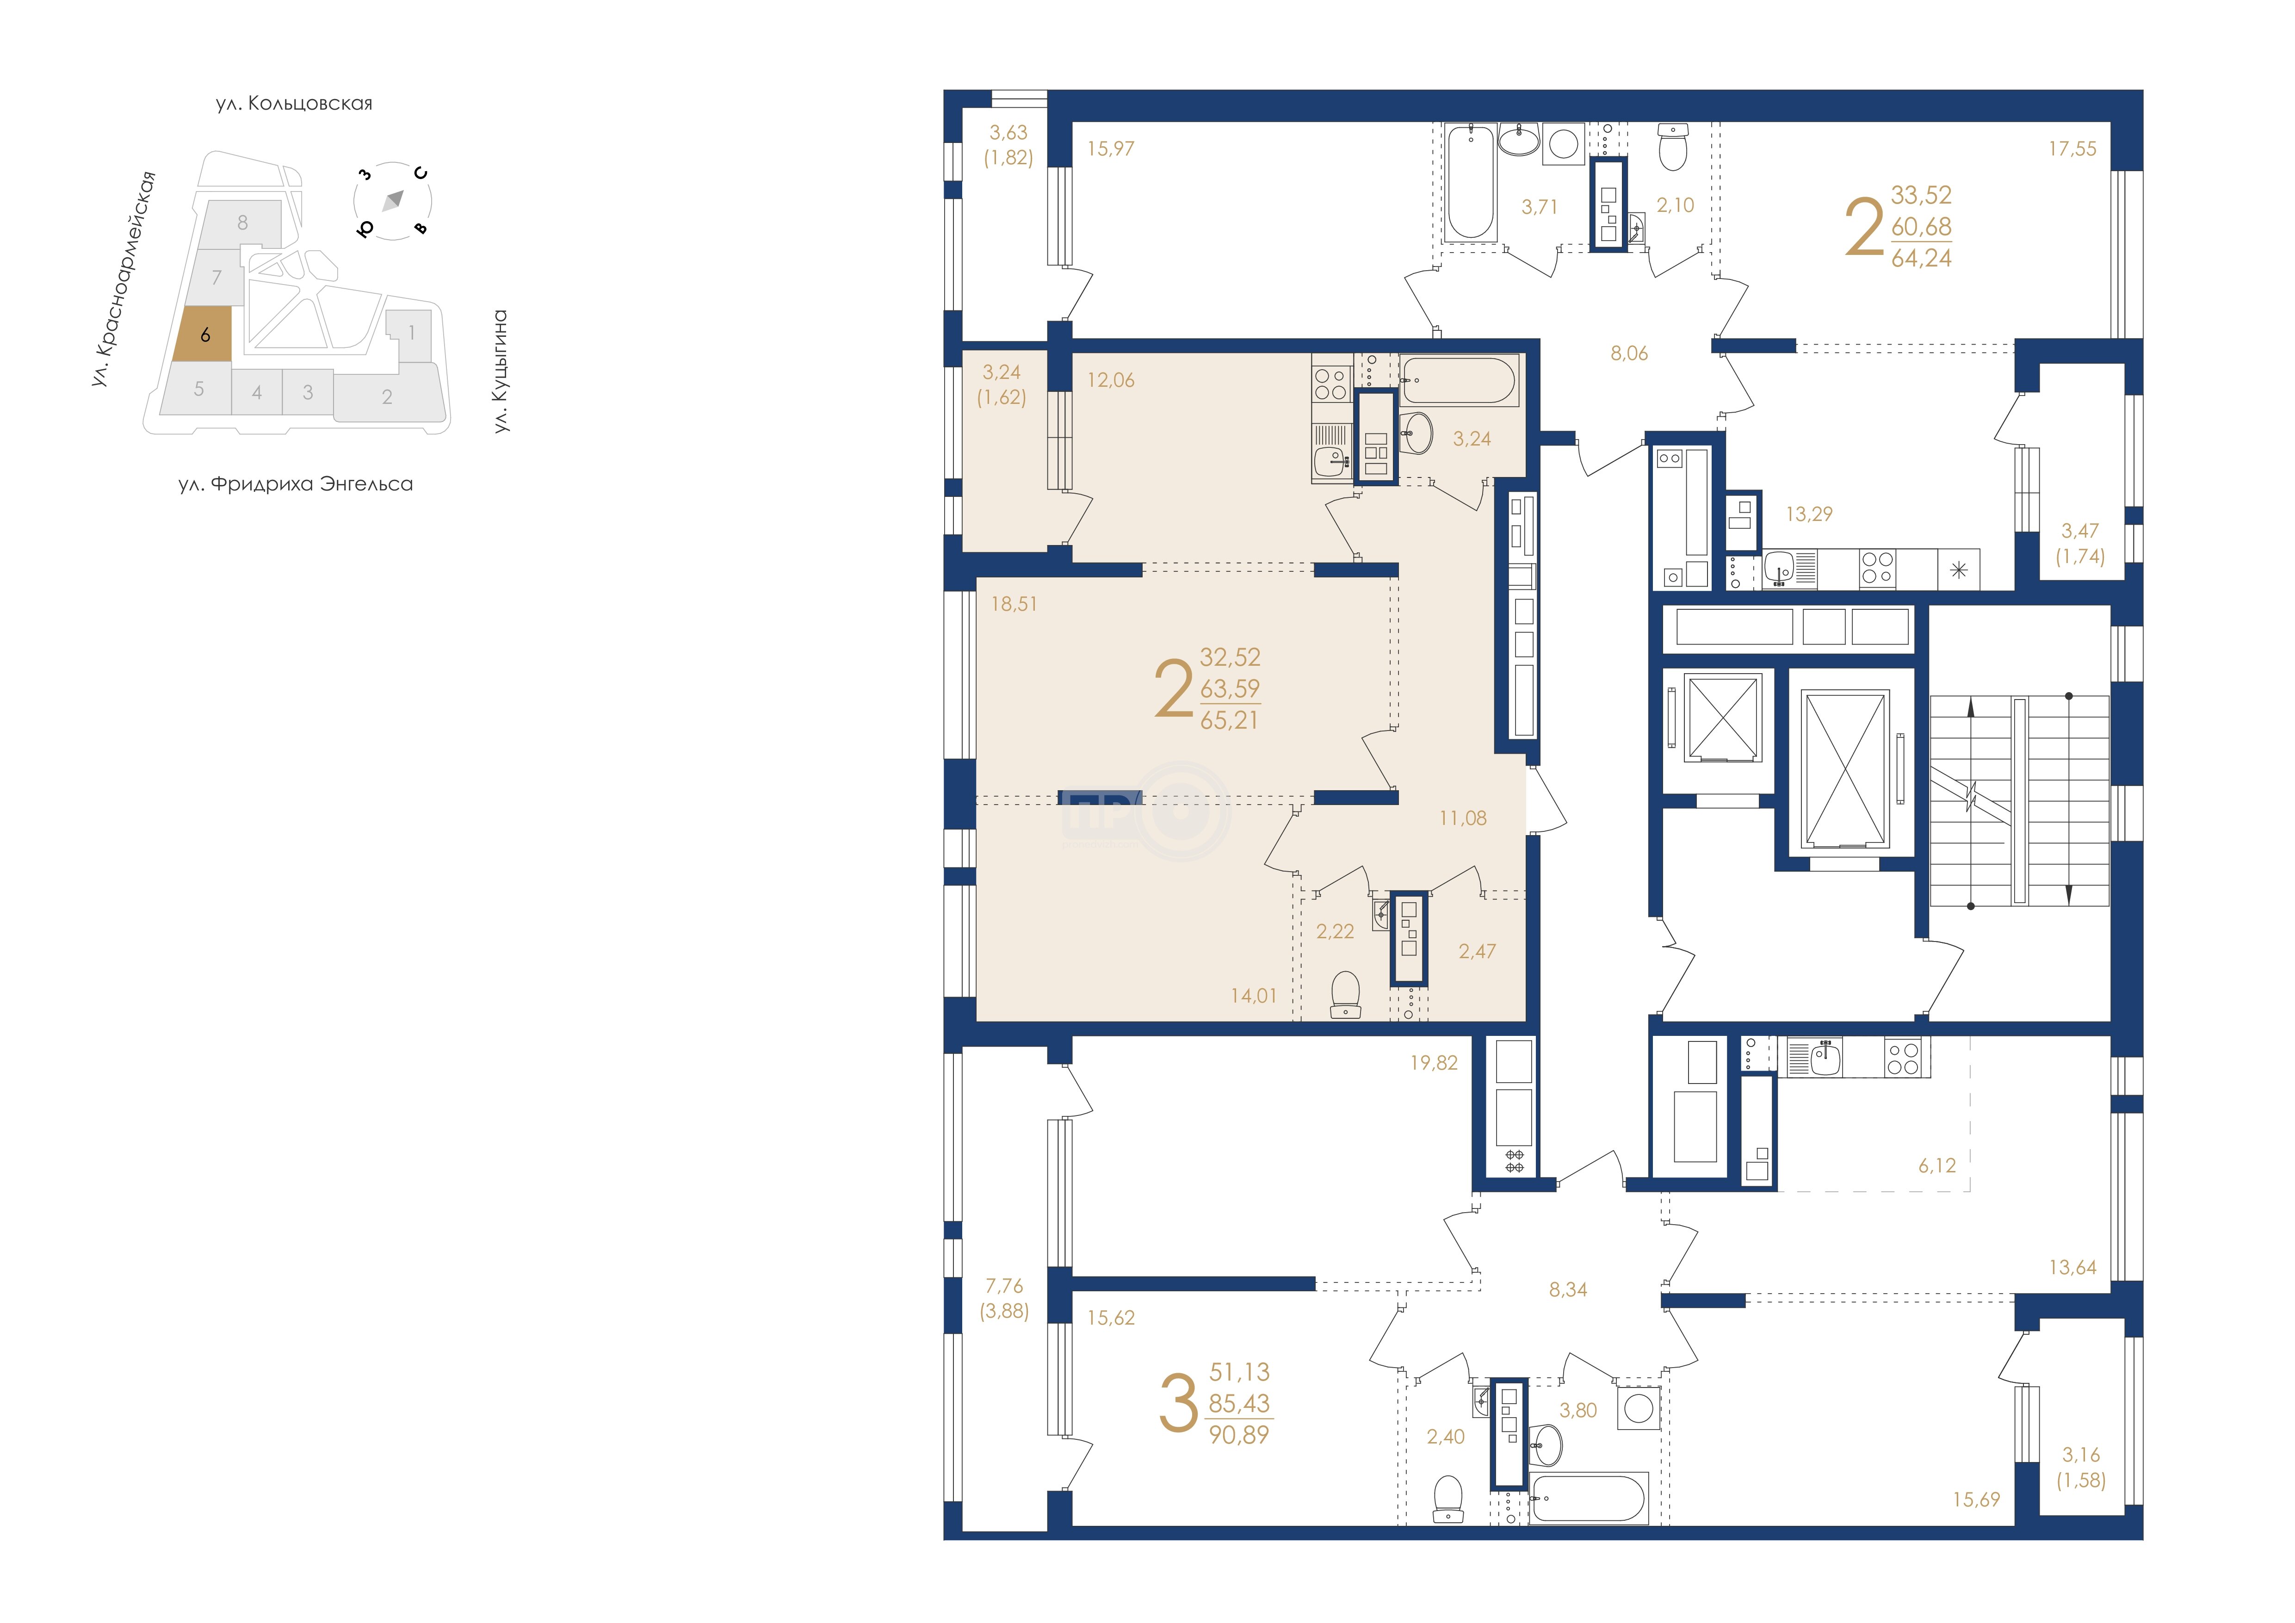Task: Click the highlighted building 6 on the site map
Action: pos(203,334)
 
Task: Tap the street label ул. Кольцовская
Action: pos(294,103)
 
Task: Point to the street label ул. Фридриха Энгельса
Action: pos(296,485)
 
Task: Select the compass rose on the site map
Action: pos(393,200)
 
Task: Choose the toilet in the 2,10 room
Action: pos(1672,147)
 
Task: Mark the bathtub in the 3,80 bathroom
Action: pos(1588,1497)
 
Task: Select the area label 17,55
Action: pos(2072,149)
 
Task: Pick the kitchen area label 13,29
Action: pos(1809,514)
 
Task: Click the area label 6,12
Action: pos(1937,1165)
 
